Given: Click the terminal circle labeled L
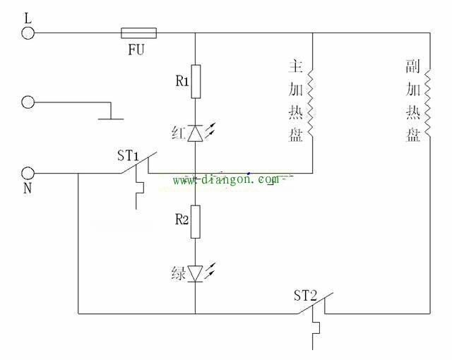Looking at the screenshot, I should [28, 32].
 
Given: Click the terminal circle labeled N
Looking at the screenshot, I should [28, 173].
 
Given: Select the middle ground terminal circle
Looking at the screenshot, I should [28, 102].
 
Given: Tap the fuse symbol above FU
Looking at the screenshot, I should [139, 32].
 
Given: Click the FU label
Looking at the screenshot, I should [138, 50].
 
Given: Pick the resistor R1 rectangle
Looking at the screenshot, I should [196, 81].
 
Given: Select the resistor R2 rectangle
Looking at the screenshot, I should [196, 222].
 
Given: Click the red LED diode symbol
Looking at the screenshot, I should [196, 132].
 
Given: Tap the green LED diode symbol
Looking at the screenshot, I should [196, 272].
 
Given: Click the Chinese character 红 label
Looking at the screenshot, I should [179, 132].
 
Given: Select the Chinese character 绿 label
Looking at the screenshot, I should [179, 272].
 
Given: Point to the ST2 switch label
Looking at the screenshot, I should [306, 294].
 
